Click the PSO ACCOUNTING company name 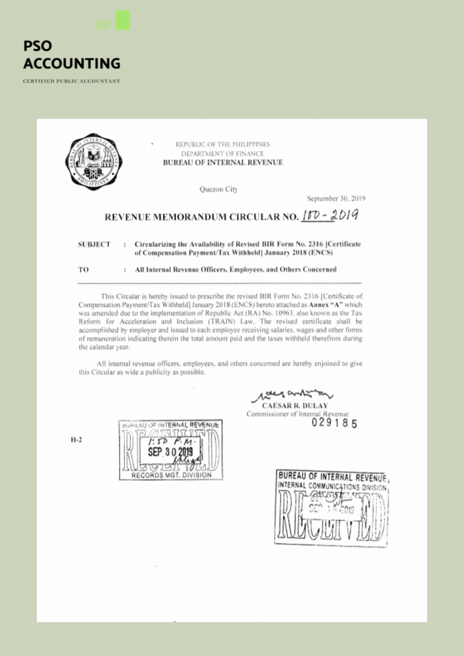(71, 55)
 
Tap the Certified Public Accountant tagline (71, 81)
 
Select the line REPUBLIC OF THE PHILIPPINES (222, 144)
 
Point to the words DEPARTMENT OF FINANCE (222, 153)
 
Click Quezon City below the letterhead (219, 189)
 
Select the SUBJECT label (94, 244)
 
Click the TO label (83, 270)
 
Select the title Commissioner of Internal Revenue (297, 414)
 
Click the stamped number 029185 (334, 423)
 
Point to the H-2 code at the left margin (75, 440)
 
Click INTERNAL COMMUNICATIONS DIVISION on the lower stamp (332, 485)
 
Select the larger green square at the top (123, 20)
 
